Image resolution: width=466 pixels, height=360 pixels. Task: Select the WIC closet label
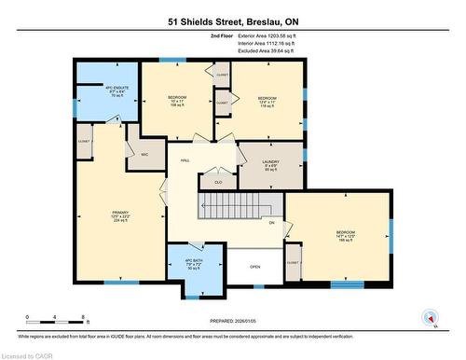click(144, 154)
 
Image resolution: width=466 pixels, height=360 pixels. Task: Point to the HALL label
click(185, 161)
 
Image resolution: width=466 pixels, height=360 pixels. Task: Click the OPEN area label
click(254, 266)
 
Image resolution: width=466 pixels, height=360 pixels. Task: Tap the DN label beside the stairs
click(272, 223)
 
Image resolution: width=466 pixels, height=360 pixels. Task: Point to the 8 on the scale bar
click(85, 317)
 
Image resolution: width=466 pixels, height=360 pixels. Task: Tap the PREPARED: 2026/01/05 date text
click(232, 323)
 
